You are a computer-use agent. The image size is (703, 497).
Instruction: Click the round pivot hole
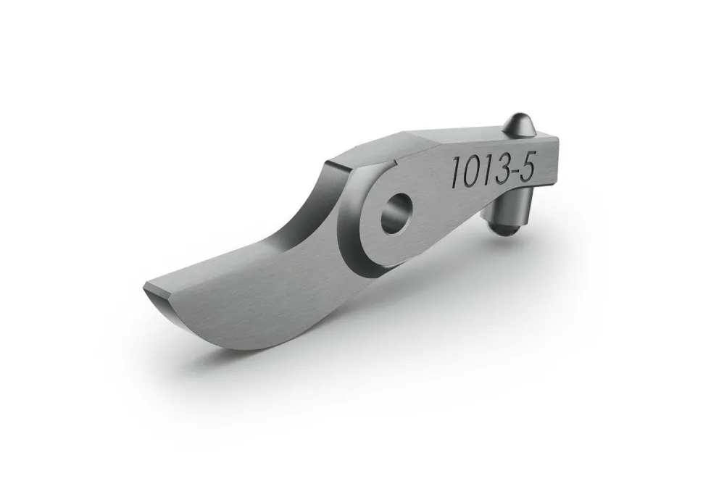click(396, 213)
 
